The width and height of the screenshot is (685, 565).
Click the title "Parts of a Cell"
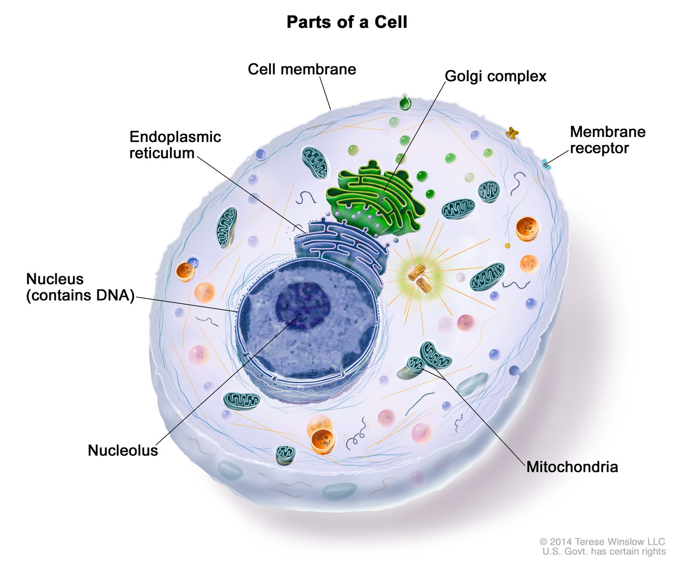347,22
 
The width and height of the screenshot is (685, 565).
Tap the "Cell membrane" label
302,69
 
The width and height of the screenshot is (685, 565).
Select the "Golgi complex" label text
495,76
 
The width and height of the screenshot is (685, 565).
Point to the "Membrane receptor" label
607,140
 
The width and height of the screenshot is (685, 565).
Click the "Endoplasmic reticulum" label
175,145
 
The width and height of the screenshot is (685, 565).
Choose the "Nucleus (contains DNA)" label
80,287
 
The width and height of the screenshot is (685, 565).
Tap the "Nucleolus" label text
123,450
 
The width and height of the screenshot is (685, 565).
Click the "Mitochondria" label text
572,467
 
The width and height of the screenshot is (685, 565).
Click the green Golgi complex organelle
374,196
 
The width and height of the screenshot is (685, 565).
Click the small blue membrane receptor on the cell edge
546,164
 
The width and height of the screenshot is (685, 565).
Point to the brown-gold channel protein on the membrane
512,133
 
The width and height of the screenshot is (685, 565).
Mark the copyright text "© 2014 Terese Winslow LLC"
602,542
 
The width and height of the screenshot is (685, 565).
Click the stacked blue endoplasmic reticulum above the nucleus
340,242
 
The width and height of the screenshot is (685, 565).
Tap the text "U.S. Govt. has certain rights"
604,552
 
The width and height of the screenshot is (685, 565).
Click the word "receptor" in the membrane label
599,148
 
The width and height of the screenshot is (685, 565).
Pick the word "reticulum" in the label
162,153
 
